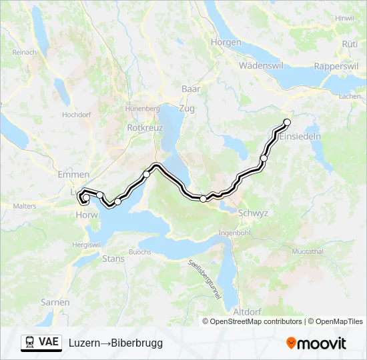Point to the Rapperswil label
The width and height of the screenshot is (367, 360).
point(336,67)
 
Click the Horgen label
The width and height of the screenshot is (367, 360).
point(226,42)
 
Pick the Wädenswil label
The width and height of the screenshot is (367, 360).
point(261,66)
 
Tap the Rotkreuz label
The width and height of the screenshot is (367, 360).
point(141,127)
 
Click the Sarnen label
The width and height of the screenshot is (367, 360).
point(55,302)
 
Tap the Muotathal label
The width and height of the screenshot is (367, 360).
point(308,252)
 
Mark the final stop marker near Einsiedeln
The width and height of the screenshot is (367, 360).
point(288,122)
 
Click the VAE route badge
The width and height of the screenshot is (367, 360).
point(41,342)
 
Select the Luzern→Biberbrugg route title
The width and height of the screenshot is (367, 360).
point(115,343)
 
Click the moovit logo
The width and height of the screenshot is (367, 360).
point(316,343)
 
